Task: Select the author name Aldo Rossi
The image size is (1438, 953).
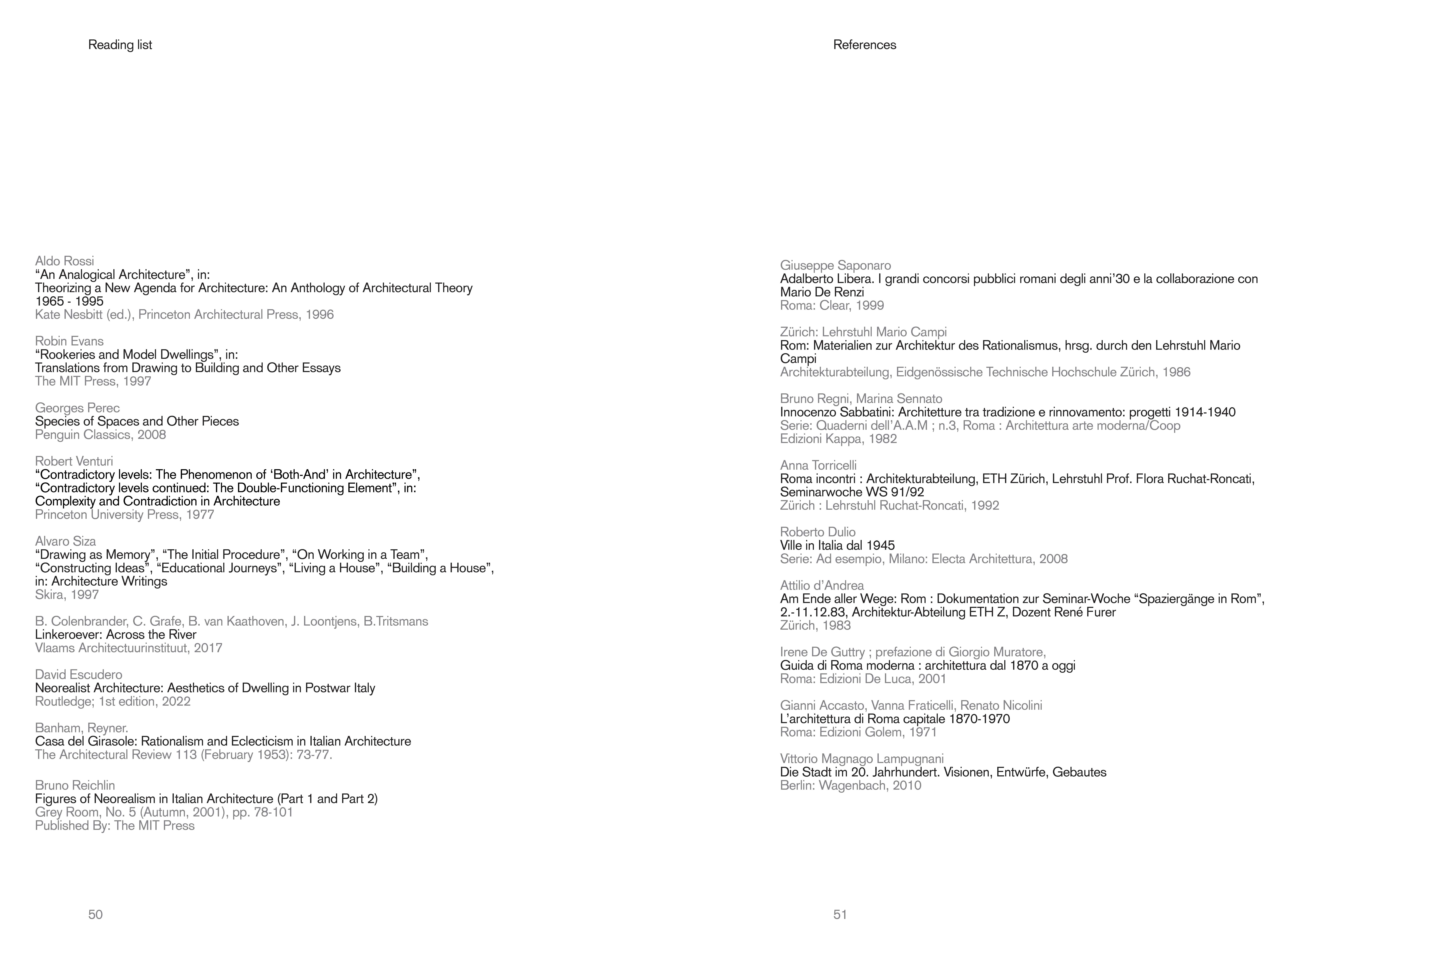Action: click(x=64, y=261)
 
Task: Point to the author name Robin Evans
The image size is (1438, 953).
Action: click(x=69, y=341)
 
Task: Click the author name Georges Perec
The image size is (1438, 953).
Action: click(x=77, y=408)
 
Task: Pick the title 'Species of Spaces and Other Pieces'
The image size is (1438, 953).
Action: click(x=137, y=421)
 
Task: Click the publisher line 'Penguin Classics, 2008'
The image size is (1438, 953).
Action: click(x=100, y=435)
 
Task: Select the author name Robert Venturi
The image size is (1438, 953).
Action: click(x=74, y=461)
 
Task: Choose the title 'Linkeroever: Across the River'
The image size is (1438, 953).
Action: click(x=115, y=635)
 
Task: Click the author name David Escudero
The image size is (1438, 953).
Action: click(x=78, y=675)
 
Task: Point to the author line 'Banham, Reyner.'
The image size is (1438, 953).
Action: click(x=81, y=728)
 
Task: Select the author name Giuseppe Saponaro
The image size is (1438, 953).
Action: click(x=835, y=266)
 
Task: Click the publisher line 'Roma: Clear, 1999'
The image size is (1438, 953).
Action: click(x=832, y=306)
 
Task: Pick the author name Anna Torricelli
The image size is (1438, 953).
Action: click(x=818, y=466)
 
